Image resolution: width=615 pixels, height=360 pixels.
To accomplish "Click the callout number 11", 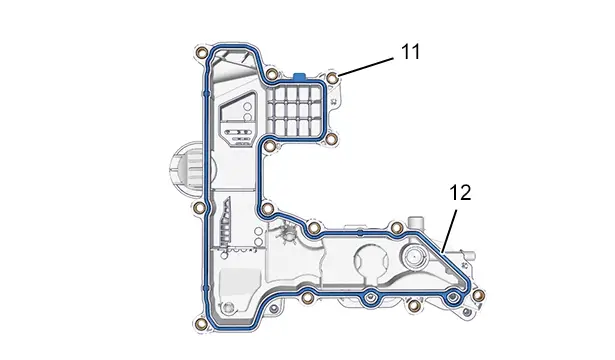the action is point(410,52).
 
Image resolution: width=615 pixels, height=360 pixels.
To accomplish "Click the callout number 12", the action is point(460,193).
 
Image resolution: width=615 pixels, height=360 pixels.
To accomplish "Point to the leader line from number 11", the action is point(366,67).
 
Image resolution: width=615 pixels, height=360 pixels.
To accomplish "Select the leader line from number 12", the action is point(449,231).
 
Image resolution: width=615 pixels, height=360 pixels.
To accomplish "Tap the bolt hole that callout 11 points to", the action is point(333,78).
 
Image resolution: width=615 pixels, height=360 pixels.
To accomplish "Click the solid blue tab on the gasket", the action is point(300,76).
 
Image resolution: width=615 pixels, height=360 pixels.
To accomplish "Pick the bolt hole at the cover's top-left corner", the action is point(202,53).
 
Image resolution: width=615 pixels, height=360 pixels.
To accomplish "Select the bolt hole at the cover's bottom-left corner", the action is point(202,324).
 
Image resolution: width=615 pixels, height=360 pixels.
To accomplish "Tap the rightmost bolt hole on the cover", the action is point(479,295).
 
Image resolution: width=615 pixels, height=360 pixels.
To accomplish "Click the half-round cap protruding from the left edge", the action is point(184,168).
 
